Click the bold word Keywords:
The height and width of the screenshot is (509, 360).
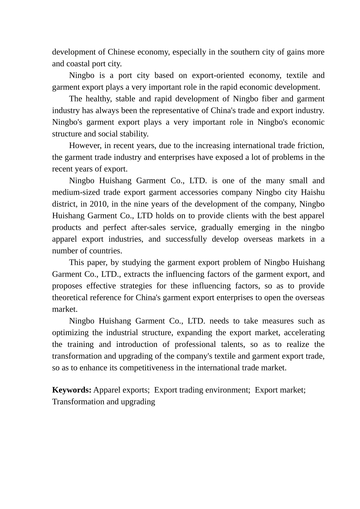(72, 390)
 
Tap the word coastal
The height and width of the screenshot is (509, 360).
(77, 64)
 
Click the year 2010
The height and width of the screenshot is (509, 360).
(99, 204)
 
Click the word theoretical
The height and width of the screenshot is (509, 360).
(70, 298)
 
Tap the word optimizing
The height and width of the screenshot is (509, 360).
(70, 333)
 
